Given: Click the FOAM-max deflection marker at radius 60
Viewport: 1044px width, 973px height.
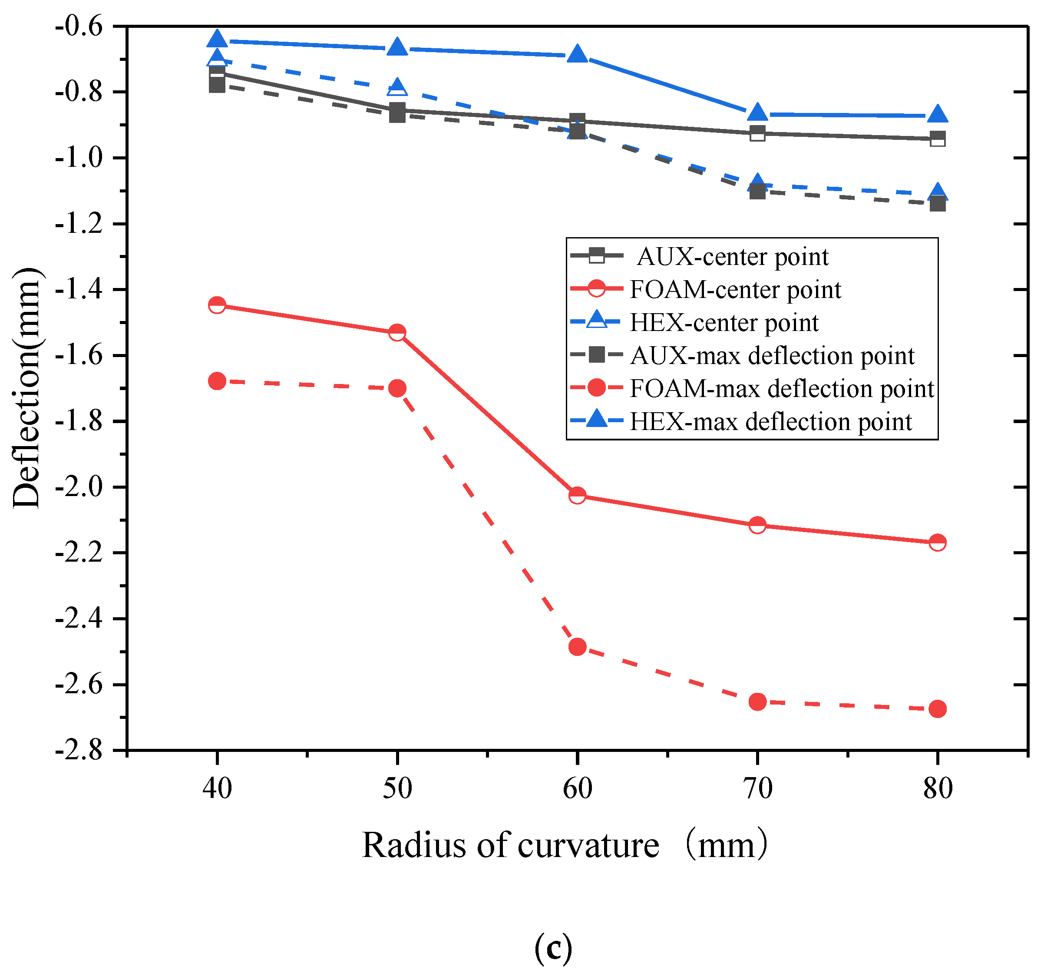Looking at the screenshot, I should point(577,647).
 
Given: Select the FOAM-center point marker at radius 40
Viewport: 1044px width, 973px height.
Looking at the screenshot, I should point(217,305).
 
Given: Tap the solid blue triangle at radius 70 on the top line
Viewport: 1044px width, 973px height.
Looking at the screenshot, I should point(757,112).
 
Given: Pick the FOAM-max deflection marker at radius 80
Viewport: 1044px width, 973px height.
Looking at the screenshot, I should point(938,709).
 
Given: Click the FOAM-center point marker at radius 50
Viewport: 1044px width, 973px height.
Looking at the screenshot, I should point(397,333).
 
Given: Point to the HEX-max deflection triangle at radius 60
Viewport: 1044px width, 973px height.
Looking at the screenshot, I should point(577,54).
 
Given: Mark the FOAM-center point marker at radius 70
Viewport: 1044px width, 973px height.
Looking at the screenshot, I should point(757,525).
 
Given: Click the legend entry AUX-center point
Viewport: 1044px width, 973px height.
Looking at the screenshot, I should point(732,257).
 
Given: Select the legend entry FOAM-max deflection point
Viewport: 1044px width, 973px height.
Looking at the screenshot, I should point(781,389).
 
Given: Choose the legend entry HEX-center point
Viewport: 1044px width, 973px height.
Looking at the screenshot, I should point(724,323).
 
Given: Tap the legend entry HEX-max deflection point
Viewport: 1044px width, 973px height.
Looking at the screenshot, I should point(770,422).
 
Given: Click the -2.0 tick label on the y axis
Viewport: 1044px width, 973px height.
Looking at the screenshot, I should point(79,487).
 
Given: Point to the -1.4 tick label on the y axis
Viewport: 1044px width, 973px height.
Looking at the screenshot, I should point(79,289).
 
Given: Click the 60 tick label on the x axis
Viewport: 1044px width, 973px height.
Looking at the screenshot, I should point(577,788).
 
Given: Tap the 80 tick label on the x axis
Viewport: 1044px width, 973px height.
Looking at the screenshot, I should point(938,788).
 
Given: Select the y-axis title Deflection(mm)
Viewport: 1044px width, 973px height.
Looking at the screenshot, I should point(26,389).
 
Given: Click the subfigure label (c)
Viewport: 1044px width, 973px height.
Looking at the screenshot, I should point(552,948).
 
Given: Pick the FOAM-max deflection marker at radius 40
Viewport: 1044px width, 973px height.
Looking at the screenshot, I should point(217,381).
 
